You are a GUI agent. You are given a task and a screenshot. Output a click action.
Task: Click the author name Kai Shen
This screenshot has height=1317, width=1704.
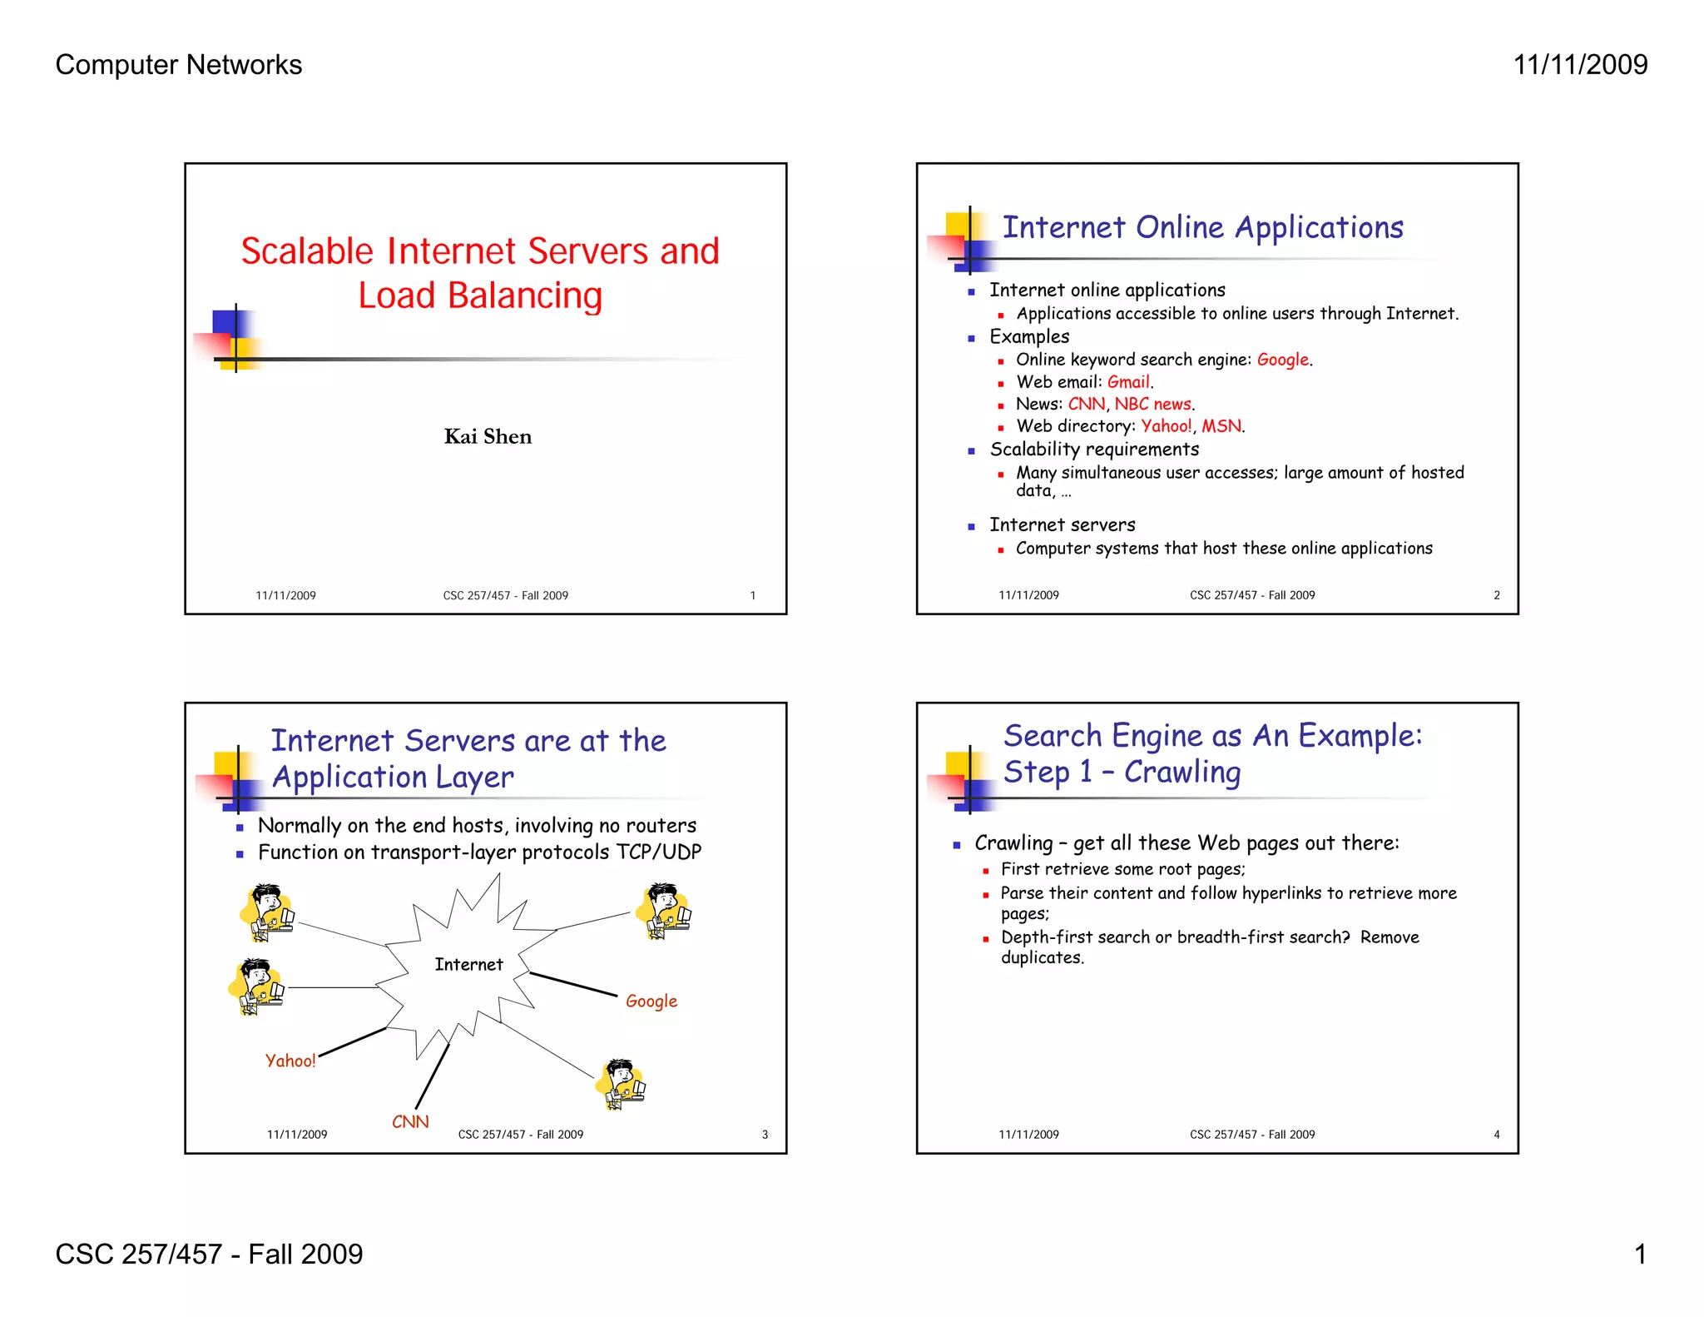[488, 436]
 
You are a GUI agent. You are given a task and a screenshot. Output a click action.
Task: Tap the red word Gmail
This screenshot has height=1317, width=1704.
[1129, 382]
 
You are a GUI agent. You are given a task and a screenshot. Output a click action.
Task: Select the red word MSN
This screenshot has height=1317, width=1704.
[1221, 426]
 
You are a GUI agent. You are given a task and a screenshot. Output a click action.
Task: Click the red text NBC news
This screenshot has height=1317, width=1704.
[1153, 404]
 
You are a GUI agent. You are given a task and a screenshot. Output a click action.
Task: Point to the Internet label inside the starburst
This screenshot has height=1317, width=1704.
[468, 964]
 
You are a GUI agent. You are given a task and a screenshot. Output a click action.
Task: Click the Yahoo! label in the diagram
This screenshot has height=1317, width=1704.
[290, 1061]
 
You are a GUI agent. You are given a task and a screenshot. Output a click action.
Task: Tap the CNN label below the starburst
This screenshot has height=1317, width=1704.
[410, 1121]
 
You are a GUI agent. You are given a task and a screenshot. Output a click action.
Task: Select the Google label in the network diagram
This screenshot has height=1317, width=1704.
[651, 1001]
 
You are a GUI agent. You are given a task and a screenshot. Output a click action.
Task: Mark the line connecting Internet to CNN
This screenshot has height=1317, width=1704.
[433, 1076]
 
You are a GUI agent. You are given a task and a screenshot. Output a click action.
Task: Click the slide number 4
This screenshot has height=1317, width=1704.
[1496, 1135]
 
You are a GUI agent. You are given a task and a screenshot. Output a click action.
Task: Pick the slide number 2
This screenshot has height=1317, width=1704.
[1496, 595]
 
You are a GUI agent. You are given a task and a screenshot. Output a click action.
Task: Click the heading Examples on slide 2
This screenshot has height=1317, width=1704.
[1029, 336]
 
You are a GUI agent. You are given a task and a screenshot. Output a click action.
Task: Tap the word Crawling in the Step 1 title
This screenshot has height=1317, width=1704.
[1182, 773]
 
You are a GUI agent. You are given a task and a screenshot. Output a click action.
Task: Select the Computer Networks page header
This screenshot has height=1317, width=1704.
[179, 65]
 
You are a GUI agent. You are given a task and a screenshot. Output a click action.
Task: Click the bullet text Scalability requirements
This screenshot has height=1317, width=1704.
[1094, 450]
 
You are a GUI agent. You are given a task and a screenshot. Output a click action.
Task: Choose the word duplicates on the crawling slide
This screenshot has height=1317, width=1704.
[1042, 957]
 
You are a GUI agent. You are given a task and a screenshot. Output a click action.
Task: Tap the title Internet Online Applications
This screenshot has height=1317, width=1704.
[1202, 227]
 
